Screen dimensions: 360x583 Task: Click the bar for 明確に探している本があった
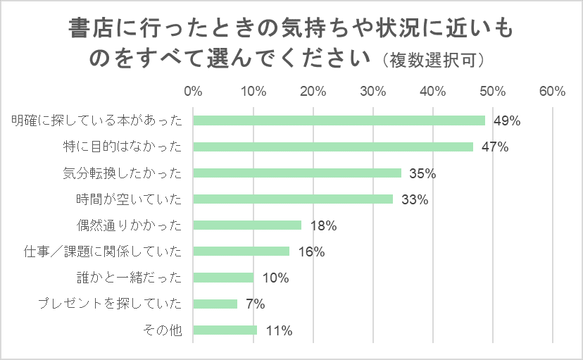pyautogui.click(x=339, y=120)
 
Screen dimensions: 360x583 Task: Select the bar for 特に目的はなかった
pyautogui.click(x=333, y=147)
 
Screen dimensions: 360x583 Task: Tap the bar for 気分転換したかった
pyautogui.click(x=297, y=173)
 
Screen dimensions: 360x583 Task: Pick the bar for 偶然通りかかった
pyautogui.click(x=247, y=225)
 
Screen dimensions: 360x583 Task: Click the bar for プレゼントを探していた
pyautogui.click(x=215, y=304)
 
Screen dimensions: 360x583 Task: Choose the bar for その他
pyautogui.click(x=225, y=330)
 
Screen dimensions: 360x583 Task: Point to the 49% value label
pyautogui.click(x=506, y=120)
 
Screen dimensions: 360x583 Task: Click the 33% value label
pyautogui.click(x=415, y=199)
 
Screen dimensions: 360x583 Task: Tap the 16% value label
pyautogui.click(x=311, y=252)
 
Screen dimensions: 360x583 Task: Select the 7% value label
pyautogui.click(x=256, y=304)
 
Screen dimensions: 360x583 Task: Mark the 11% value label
pyautogui.click(x=279, y=330)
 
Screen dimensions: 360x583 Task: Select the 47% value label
pyautogui.click(x=494, y=147)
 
